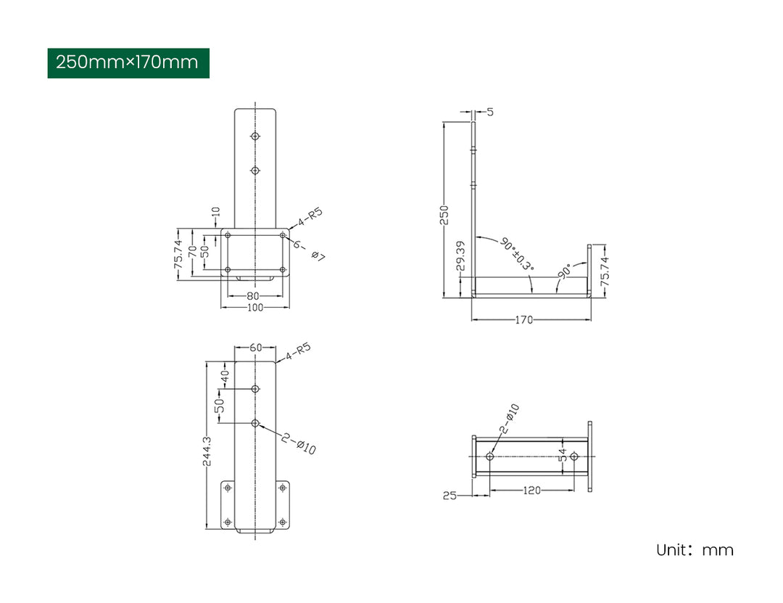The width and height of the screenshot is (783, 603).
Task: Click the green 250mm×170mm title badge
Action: point(128,63)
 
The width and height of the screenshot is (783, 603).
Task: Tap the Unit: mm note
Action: point(695,550)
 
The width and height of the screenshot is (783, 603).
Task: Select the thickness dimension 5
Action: point(490,112)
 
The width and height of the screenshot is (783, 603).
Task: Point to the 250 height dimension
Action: point(444,215)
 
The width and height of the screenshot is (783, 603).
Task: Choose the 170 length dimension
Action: point(524,319)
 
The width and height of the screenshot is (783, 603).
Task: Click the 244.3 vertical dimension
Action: point(207,451)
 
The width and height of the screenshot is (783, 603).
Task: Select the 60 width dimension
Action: point(255,348)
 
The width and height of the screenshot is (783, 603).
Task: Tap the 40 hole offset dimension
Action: point(224,377)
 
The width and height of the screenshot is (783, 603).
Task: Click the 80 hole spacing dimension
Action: point(252,296)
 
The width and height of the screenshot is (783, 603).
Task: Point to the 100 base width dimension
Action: point(254,308)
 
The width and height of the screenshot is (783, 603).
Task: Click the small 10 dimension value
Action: point(215,214)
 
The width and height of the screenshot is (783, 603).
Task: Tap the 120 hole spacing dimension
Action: point(532,491)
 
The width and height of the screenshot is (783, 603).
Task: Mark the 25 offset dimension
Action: point(449,496)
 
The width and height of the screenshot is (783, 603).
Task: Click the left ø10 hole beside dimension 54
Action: point(490,456)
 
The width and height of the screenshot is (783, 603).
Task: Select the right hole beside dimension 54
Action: point(574,456)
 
